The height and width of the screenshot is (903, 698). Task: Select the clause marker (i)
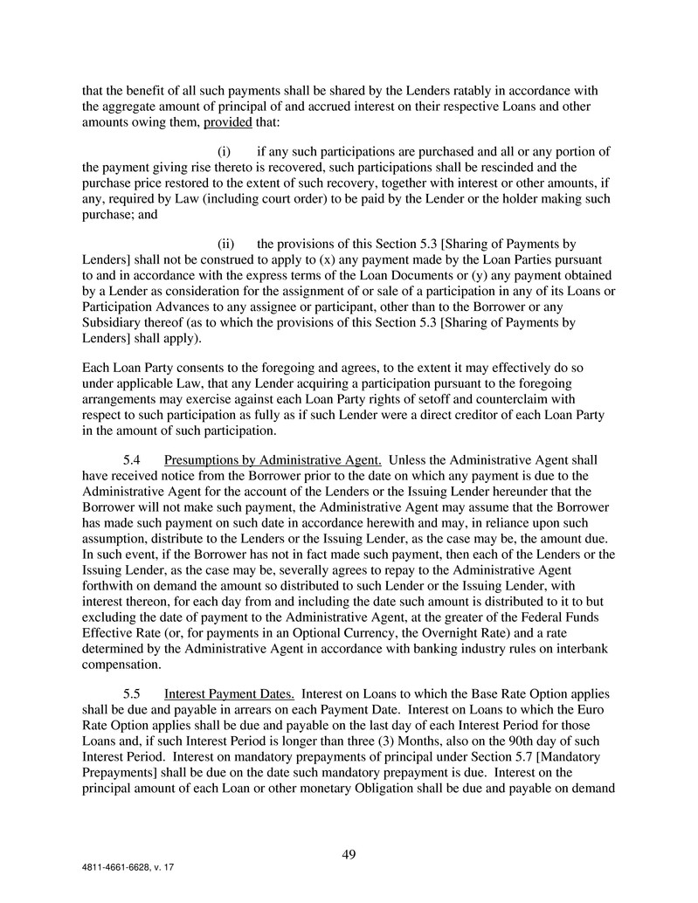tap(224, 152)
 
